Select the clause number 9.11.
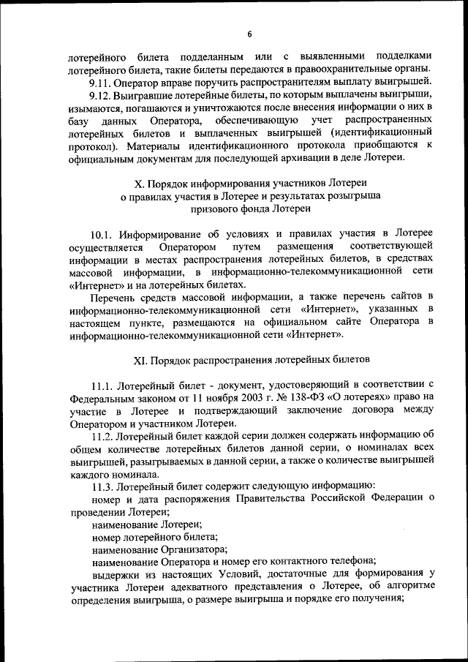tap(102, 82)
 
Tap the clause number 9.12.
tap(102, 95)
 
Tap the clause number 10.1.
tap(103, 234)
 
